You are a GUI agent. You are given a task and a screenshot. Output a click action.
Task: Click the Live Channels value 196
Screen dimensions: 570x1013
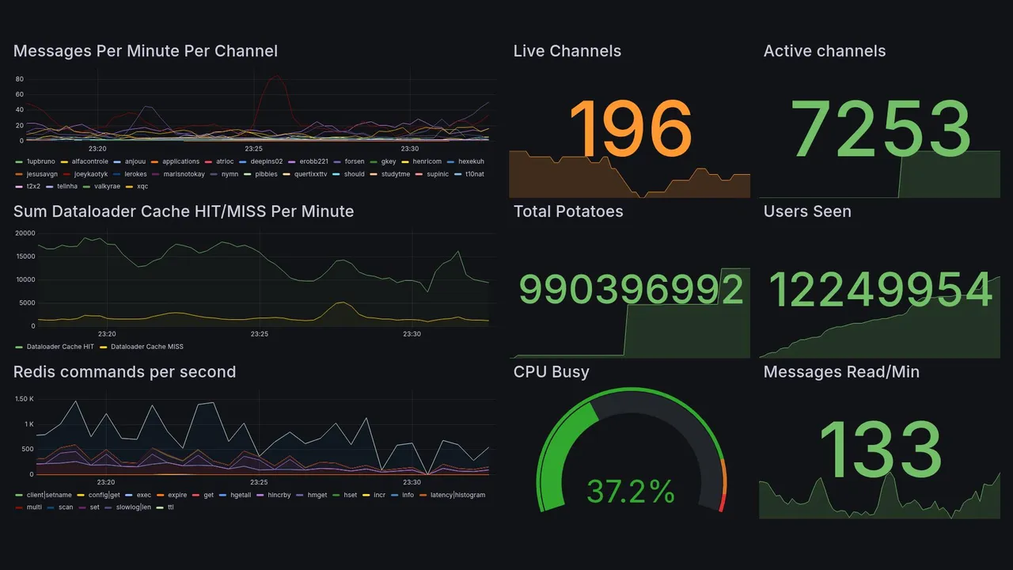coord(630,129)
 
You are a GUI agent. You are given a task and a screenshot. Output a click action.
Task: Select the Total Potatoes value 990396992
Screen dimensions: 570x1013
coord(631,290)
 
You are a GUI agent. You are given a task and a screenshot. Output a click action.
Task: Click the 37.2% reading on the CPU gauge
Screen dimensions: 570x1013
coord(631,492)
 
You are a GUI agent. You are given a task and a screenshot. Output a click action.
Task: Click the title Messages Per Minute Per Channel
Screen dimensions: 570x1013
coord(146,51)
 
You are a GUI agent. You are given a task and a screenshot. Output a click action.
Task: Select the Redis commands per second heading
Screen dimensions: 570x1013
coord(125,372)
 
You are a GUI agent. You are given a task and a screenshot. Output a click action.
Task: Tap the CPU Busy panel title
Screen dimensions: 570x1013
coord(551,372)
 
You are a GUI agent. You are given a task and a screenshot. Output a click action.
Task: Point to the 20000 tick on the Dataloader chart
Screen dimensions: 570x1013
coord(25,234)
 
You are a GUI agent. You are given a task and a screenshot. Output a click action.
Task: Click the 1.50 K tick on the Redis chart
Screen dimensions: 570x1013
coord(25,399)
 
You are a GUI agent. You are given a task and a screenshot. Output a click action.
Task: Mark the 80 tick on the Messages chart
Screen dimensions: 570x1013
coord(20,79)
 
